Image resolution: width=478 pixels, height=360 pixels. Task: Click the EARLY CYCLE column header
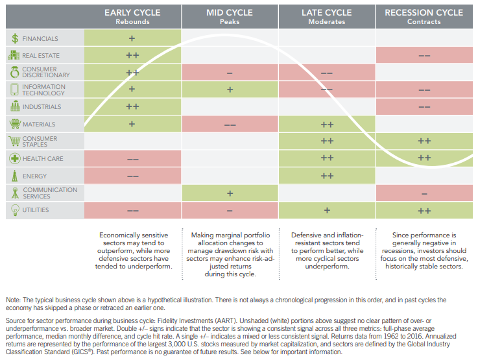pyautogui.click(x=132, y=12)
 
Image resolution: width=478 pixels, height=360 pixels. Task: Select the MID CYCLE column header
pyautogui.click(x=230, y=12)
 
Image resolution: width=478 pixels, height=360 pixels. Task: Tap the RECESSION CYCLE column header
pyautogui.click(x=424, y=12)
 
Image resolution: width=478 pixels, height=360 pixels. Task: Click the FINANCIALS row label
pyautogui.click(x=40, y=39)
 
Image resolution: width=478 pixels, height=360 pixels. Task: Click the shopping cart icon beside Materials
pyautogui.click(x=14, y=124)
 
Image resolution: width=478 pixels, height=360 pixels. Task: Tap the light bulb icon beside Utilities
pyautogui.click(x=14, y=210)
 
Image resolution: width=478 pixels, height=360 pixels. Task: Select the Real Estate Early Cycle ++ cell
pyautogui.click(x=132, y=56)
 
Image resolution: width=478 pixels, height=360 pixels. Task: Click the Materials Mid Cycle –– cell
pyautogui.click(x=230, y=125)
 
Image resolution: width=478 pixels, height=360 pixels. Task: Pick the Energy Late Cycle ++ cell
pyautogui.click(x=327, y=176)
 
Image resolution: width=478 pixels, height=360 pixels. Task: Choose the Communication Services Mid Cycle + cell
pyautogui.click(x=230, y=193)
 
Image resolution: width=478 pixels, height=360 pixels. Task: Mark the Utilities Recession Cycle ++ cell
pyautogui.click(x=424, y=211)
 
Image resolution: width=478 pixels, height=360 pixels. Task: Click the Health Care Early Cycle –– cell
pyautogui.click(x=132, y=159)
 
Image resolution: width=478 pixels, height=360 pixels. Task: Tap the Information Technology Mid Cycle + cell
pyautogui.click(x=230, y=90)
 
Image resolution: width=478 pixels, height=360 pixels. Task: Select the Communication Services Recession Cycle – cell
pyautogui.click(x=424, y=193)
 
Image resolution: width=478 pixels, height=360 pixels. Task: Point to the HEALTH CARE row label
pyautogui.click(x=42, y=158)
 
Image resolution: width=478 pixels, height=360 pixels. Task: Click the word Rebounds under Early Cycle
pyautogui.click(x=132, y=21)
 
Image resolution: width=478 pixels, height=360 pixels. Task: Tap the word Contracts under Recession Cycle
pyautogui.click(x=424, y=21)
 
